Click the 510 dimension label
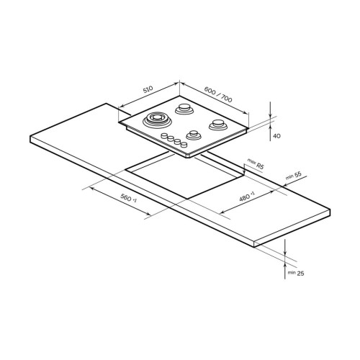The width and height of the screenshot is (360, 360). (x=148, y=89)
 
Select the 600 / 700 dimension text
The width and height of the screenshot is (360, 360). (x=218, y=94)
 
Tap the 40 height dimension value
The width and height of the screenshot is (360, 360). (x=276, y=136)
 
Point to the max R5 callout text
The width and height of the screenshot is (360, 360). (x=256, y=163)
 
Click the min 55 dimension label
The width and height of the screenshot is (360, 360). (x=294, y=176)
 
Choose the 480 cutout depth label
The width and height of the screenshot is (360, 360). (x=247, y=197)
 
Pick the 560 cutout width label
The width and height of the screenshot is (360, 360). (x=128, y=198)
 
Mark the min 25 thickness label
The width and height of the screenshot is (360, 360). (x=296, y=273)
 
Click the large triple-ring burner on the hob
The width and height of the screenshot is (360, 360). (x=157, y=120)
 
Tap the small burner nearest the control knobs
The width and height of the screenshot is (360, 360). (x=194, y=135)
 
